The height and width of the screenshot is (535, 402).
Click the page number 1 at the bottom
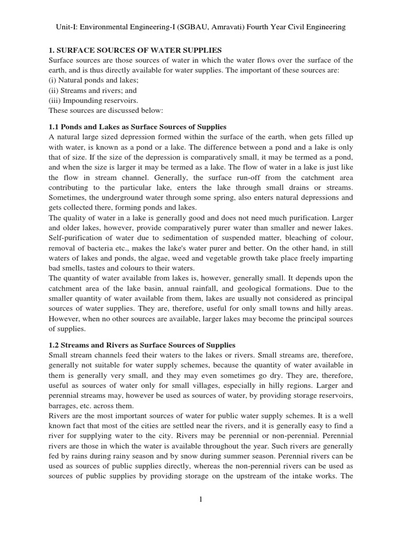200,500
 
